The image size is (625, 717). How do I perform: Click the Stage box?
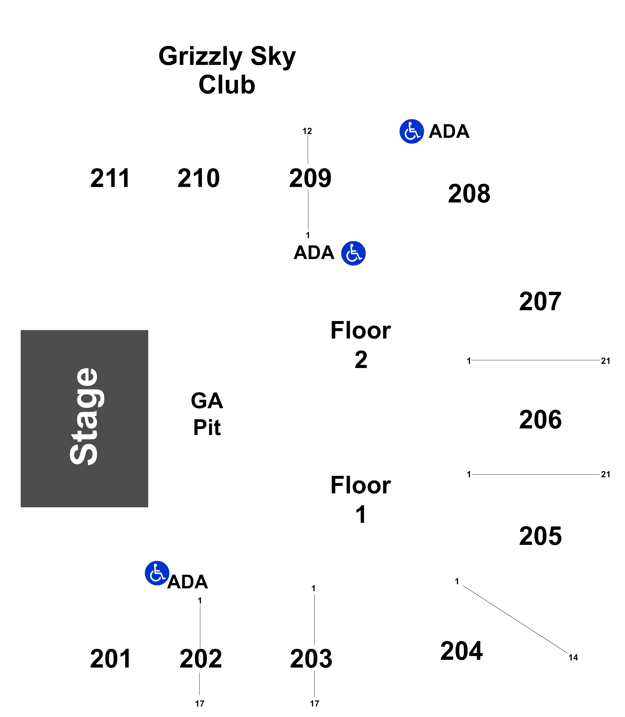[85, 418]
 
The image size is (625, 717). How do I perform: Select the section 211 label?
[110, 178]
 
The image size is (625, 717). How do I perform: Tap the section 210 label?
[199, 178]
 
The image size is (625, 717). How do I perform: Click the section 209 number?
[310, 178]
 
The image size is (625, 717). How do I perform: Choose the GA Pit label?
[207, 414]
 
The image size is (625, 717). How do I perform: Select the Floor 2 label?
[361, 345]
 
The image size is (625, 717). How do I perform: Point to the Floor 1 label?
[361, 500]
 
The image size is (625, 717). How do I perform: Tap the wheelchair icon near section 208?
[412, 132]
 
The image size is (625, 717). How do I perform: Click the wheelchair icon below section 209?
[353, 253]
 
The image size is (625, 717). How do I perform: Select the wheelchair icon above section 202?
[157, 573]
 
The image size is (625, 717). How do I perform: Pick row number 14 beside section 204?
[574, 657]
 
